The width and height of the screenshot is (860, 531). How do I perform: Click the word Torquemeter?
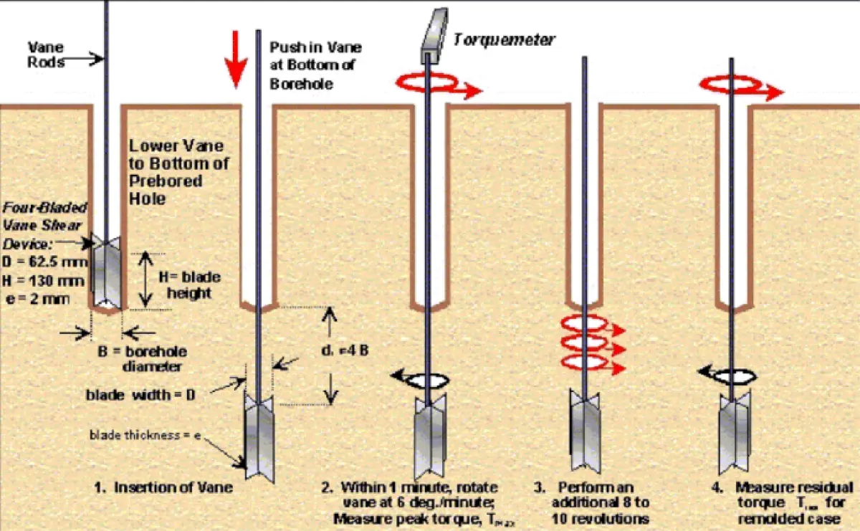click(503, 39)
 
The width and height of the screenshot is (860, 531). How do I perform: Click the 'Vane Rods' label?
click(45, 54)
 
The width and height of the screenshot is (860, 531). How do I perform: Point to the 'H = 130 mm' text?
click(45, 273)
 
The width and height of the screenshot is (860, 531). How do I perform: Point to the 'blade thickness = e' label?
click(135, 435)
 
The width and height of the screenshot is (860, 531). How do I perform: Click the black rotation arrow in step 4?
click(726, 374)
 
